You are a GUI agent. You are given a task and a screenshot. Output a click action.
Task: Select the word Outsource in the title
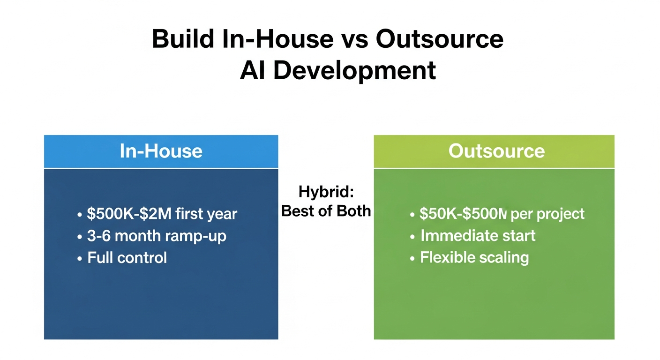click(440, 39)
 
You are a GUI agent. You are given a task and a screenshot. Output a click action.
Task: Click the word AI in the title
click(254, 70)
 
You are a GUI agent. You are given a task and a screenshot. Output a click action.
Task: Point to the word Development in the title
click(354, 70)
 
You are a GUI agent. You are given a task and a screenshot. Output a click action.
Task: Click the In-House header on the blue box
click(161, 151)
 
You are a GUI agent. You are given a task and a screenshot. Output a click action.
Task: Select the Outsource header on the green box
click(496, 151)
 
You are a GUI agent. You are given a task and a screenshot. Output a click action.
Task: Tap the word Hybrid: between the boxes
click(326, 192)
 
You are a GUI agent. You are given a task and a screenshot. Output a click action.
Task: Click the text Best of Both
click(326, 211)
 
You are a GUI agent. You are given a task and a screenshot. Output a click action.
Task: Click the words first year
click(207, 214)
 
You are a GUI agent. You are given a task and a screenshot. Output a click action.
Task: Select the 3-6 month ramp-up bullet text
click(157, 236)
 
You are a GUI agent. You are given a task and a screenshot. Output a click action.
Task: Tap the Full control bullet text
click(127, 257)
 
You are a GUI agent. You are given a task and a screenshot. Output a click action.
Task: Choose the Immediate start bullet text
click(478, 235)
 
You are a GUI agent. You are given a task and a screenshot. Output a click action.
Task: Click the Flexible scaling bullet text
click(474, 257)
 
